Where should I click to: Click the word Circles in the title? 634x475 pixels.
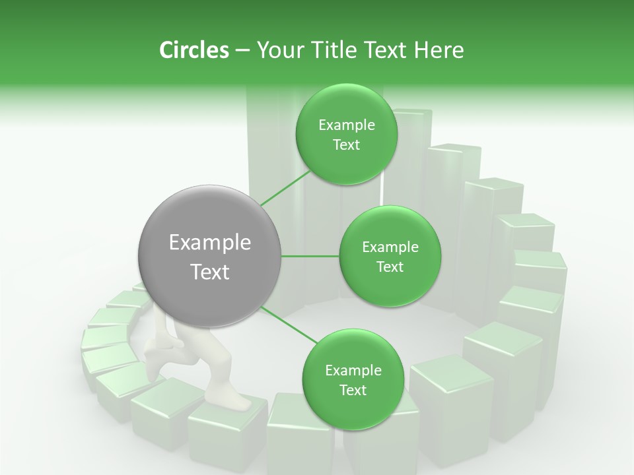point(194,50)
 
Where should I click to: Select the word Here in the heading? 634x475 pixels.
point(440,50)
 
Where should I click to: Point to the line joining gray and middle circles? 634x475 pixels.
point(310,256)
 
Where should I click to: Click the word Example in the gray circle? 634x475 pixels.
point(209,243)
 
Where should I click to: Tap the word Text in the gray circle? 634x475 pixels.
point(209,272)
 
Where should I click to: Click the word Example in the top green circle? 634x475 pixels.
point(346,125)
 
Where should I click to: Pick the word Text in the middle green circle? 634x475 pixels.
point(390,267)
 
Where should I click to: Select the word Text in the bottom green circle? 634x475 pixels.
point(353,390)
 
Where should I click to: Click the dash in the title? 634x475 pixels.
point(242,50)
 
